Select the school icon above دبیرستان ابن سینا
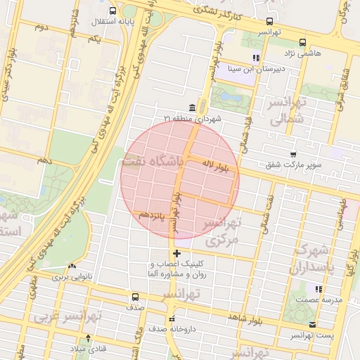[256, 58]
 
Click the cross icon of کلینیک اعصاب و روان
[176, 253]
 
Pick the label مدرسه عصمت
[319, 300]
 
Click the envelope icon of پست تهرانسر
[312, 325]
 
